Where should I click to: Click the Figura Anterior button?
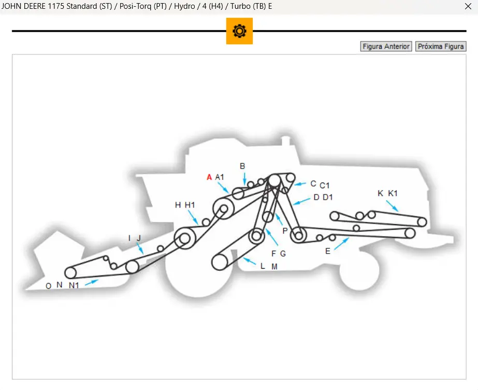pos(386,47)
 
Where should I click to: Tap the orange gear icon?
pos(239,31)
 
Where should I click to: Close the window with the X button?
pos(468,7)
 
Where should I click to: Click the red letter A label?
pos(209,177)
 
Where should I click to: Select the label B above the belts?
pos(242,166)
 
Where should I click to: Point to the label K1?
pos(393,193)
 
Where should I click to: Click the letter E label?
pos(327,251)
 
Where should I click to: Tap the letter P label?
pos(284,230)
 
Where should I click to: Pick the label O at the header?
pos(48,286)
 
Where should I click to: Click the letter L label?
pos(263,266)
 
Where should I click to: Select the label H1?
pos(190,205)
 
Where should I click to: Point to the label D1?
pos(328,197)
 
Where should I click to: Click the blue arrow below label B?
pos(244,179)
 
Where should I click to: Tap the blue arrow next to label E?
pos(341,243)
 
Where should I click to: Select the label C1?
pos(325,185)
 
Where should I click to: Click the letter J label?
pos(139,238)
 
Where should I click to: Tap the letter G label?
pos(283,254)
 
